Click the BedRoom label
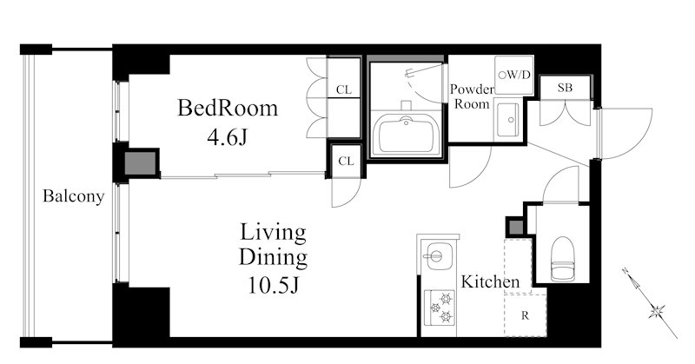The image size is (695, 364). (228, 108)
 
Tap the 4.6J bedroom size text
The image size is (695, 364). (227, 136)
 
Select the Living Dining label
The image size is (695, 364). (273, 245)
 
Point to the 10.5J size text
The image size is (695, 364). (274, 285)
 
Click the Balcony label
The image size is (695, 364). (74, 196)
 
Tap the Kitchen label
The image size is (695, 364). (490, 281)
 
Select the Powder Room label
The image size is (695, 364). (472, 96)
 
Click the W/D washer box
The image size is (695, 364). (514, 75)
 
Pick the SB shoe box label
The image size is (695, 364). (565, 88)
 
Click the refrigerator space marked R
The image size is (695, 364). (526, 315)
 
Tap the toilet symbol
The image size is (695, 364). (562, 259)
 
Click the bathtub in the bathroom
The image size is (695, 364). (407, 134)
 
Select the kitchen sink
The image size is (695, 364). (437, 255)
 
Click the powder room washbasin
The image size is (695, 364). (507, 120)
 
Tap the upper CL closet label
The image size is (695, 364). (344, 90)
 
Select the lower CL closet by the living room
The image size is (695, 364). (346, 161)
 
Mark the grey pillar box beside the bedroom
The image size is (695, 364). (141, 163)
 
